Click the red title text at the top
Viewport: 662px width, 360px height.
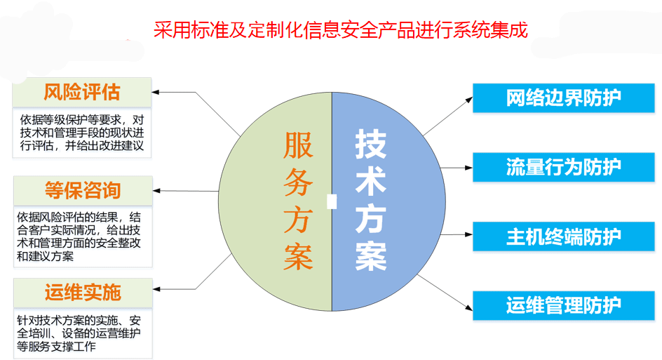(340, 30)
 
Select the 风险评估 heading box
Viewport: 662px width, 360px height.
(82, 92)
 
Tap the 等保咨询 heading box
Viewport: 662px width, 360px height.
(83, 191)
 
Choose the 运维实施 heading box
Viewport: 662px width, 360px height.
(83, 293)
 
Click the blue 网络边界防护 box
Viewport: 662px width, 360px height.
(564, 98)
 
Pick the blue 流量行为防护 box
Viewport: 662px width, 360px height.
(564, 167)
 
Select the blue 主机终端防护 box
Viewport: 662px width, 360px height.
(564, 236)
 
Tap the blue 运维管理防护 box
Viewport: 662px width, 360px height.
(564, 305)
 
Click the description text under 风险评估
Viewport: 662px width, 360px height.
(82, 133)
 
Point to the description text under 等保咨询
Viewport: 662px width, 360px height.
(79, 236)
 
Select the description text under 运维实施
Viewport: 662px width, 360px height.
(79, 333)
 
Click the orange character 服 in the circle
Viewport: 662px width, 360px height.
(298, 145)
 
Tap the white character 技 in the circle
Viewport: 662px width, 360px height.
(371, 144)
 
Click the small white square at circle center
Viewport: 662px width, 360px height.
(332, 201)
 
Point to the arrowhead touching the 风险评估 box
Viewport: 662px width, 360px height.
(155, 92)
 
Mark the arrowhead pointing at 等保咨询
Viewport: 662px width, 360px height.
(156, 191)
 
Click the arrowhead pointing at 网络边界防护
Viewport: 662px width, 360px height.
(469, 100)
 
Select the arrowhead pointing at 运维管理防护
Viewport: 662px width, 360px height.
(469, 307)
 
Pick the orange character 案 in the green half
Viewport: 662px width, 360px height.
(298, 256)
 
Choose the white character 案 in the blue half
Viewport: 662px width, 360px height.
(371, 256)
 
